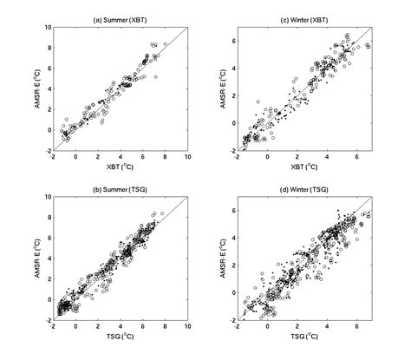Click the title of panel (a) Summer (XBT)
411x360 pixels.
pos(120,20)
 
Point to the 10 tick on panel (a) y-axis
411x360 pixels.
pos(45,28)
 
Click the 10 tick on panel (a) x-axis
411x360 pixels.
pos(187,157)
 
